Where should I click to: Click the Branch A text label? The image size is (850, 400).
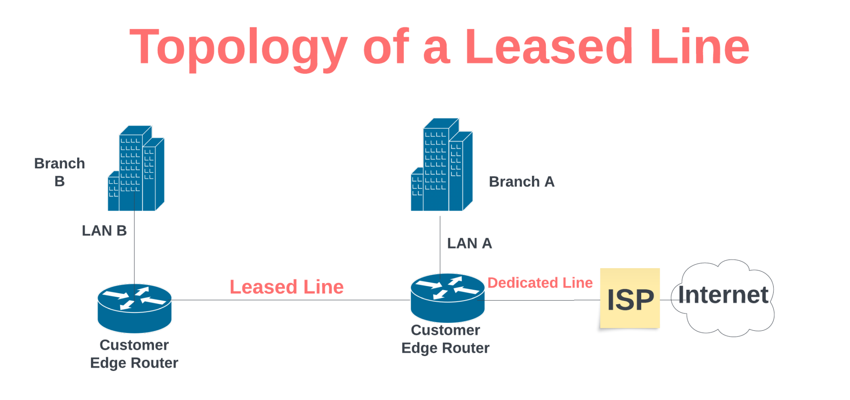click(521, 182)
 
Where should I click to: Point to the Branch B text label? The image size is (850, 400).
click(59, 172)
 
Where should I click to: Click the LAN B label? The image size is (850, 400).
click(104, 230)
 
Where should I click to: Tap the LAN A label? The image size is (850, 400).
click(469, 243)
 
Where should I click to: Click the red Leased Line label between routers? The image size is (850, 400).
click(286, 287)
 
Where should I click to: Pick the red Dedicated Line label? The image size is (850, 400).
click(540, 283)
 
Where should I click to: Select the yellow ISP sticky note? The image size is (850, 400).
click(630, 298)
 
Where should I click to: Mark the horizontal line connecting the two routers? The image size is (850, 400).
click(291, 300)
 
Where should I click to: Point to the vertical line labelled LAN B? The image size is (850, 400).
click(134, 249)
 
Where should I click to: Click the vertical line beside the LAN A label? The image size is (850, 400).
click(440, 245)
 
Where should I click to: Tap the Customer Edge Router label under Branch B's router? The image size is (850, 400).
click(134, 354)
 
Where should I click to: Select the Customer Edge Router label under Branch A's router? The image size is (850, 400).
click(445, 339)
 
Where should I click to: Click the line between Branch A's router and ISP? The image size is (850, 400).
click(540, 300)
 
